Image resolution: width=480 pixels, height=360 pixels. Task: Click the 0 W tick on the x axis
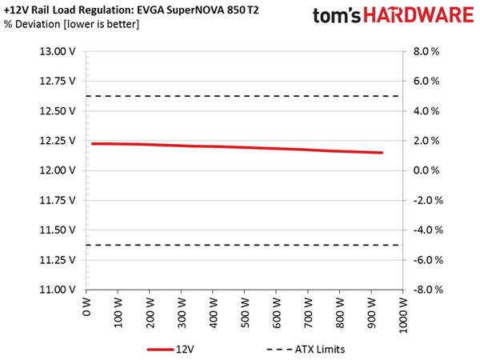click(x=87, y=308)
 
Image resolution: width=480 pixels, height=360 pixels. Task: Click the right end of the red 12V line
click(x=382, y=153)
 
